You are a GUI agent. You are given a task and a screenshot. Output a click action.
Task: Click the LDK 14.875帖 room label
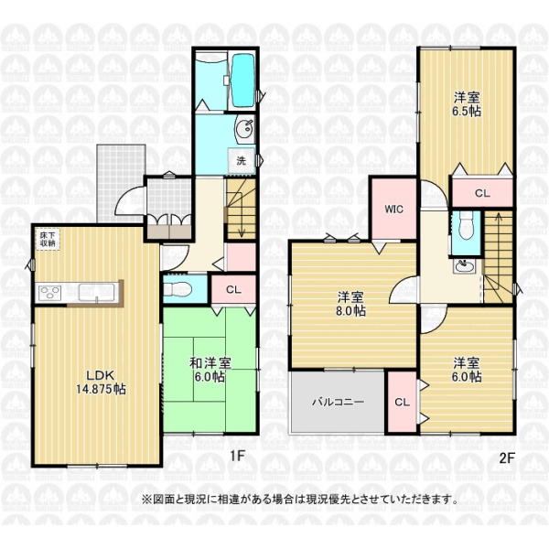102,382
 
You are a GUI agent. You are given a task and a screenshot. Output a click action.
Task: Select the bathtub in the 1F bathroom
243,81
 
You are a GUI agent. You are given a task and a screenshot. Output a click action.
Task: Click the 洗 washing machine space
241,161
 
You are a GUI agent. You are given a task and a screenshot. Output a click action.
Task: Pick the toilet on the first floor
178,289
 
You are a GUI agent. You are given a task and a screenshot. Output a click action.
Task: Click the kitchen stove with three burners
49,293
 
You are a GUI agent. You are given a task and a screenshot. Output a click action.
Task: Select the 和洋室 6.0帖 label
210,370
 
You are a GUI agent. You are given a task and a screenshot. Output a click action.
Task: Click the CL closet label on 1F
233,289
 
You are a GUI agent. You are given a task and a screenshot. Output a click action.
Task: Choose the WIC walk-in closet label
393,210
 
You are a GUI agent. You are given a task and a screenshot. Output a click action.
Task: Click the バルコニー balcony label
338,402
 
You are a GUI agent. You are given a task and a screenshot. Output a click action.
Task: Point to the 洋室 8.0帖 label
350,304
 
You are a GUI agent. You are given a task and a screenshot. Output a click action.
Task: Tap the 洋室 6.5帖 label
467,104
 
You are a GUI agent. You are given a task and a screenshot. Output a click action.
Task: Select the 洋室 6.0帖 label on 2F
467,370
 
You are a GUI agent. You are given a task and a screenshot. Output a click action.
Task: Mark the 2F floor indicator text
506,458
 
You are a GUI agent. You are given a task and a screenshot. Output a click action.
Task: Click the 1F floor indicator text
237,456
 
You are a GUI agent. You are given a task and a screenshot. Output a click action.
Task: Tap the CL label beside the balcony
402,403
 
